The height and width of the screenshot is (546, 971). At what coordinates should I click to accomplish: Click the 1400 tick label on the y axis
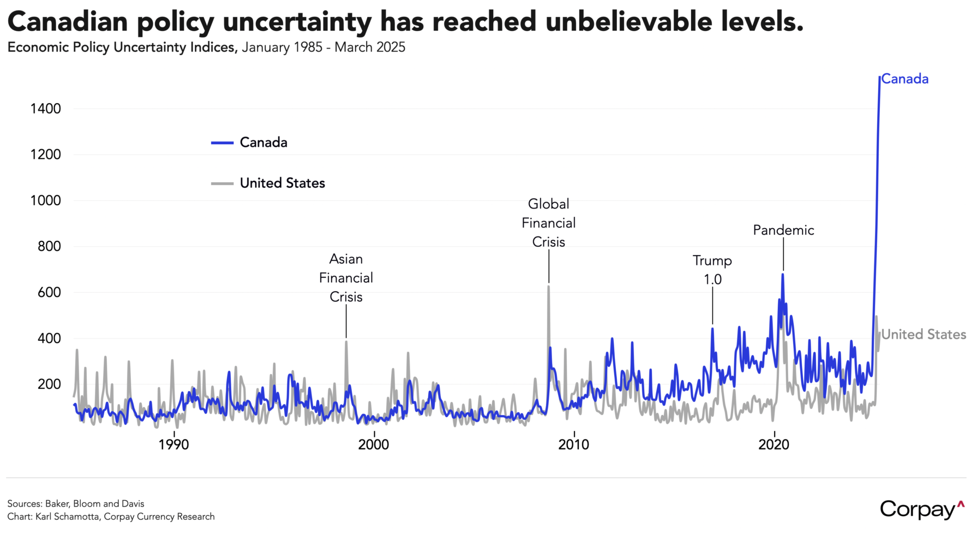(45, 109)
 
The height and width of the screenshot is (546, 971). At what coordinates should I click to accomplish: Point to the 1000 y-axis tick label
(45, 200)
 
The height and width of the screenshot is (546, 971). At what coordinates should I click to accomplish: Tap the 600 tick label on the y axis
(49, 293)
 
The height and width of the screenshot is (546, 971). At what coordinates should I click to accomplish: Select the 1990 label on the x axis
(173, 445)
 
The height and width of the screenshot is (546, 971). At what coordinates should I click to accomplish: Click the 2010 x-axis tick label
(573, 445)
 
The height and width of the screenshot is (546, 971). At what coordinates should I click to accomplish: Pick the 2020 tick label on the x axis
(774, 445)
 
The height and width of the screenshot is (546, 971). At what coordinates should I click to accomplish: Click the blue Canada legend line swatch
(222, 143)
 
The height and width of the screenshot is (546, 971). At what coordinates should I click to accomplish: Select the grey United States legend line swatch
(222, 183)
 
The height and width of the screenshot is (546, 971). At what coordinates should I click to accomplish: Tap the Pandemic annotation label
(783, 230)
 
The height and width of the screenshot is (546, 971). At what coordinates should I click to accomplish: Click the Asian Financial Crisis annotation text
(346, 278)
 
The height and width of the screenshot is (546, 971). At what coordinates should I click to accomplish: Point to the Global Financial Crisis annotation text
(548, 223)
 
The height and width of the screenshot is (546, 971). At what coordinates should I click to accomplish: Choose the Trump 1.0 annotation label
(712, 270)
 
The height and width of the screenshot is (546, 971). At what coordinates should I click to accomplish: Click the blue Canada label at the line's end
(904, 79)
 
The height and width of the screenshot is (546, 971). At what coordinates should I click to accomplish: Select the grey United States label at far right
(924, 335)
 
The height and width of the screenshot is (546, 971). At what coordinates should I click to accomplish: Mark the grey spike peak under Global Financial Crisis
(548, 287)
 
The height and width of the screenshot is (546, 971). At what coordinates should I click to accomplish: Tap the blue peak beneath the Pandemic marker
(783, 275)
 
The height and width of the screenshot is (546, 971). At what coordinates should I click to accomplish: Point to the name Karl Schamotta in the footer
(68, 517)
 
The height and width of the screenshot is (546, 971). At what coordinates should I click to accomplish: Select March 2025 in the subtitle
(370, 48)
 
